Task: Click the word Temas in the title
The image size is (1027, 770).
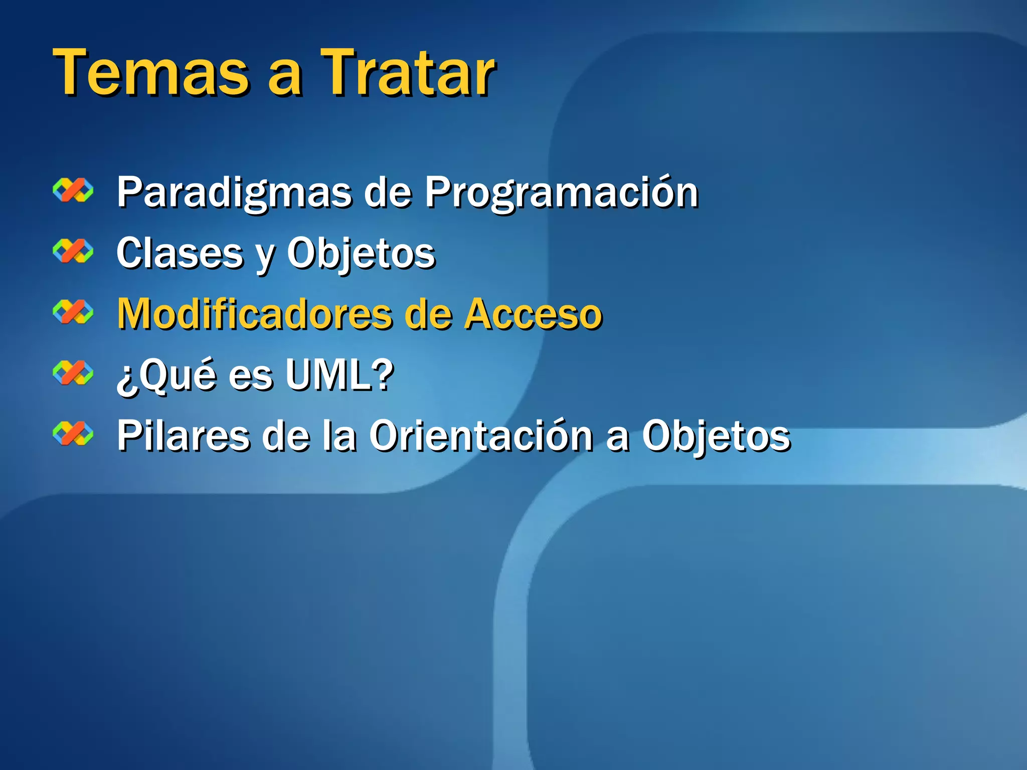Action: pyautogui.click(x=150, y=73)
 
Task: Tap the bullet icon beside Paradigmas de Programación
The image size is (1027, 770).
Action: pyautogui.click(x=73, y=191)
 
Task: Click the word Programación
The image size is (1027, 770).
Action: pyautogui.click(x=562, y=193)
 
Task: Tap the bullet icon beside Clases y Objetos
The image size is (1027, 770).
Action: pyautogui.click(x=73, y=252)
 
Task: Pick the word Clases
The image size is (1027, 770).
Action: pyautogui.click(x=180, y=254)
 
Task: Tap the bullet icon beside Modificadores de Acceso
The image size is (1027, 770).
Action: pyautogui.click(x=73, y=313)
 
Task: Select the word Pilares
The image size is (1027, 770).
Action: pyautogui.click(x=183, y=436)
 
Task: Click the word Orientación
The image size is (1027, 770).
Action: pyautogui.click(x=481, y=436)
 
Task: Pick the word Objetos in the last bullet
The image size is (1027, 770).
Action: pyautogui.click(x=716, y=436)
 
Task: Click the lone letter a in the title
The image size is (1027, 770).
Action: pyautogui.click(x=285, y=78)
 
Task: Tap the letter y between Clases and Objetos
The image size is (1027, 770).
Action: pyautogui.click(x=265, y=258)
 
